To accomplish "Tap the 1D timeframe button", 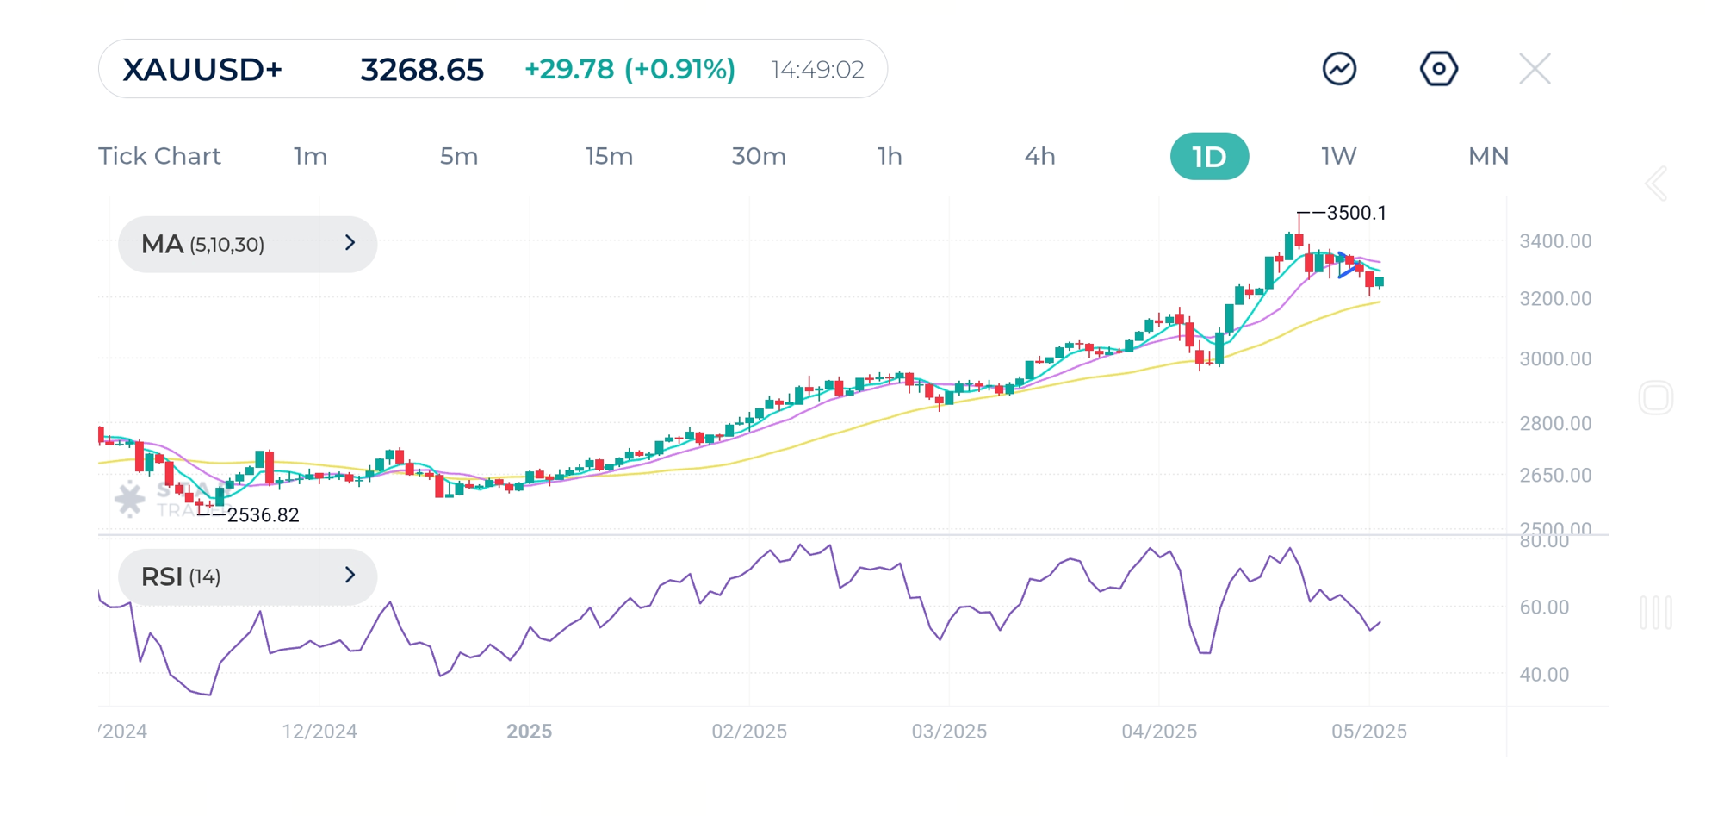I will click(x=1208, y=157).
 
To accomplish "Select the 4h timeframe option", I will click(x=1039, y=157).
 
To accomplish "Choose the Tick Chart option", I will click(x=159, y=157).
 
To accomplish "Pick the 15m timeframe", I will click(x=609, y=157).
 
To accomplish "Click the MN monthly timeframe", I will click(x=1488, y=157).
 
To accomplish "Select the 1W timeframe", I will click(x=1338, y=157).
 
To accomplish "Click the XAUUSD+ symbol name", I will click(x=202, y=70).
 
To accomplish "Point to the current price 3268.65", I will click(x=422, y=70).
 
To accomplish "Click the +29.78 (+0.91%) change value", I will click(x=630, y=70).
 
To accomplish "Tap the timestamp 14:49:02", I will click(x=817, y=70).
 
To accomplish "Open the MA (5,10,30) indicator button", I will click(x=247, y=245).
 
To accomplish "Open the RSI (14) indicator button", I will click(x=247, y=576).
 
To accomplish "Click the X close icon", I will click(x=1535, y=69).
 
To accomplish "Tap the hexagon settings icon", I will click(x=1438, y=69).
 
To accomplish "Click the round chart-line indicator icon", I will click(x=1339, y=69).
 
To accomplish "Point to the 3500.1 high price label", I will click(x=1356, y=213).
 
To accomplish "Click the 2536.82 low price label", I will click(x=263, y=515).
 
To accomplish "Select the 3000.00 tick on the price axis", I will click(x=1554, y=359).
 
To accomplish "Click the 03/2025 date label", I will click(x=949, y=732).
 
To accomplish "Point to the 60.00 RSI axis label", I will click(x=1543, y=607).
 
